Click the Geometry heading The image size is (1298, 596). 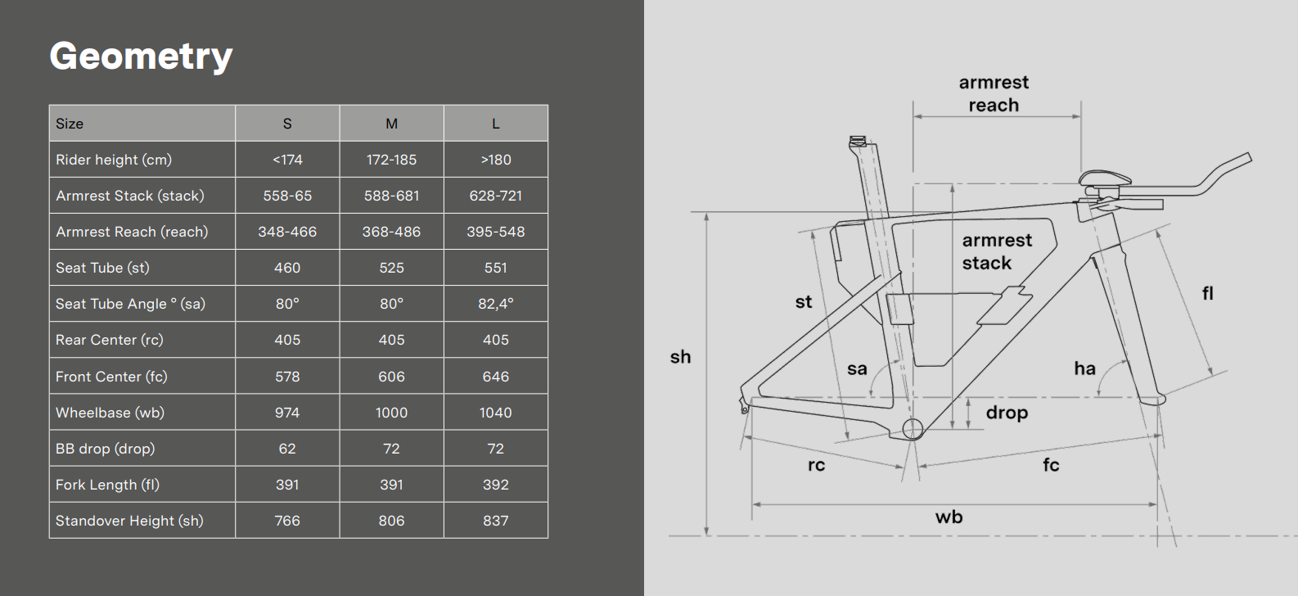pyautogui.click(x=141, y=56)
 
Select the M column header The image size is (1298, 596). pyautogui.click(x=392, y=124)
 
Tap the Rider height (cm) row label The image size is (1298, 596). pyautogui.click(x=114, y=160)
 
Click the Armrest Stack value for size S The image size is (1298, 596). pyautogui.click(x=287, y=196)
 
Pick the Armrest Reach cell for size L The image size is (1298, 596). pyautogui.click(x=495, y=232)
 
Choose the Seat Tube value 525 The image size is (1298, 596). pyautogui.click(x=392, y=268)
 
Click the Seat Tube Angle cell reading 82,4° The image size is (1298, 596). pyautogui.click(x=495, y=304)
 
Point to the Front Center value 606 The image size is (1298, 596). pyautogui.click(x=392, y=377)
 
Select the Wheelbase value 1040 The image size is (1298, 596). pyautogui.click(x=495, y=413)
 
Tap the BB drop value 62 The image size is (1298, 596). pyautogui.click(x=287, y=449)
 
